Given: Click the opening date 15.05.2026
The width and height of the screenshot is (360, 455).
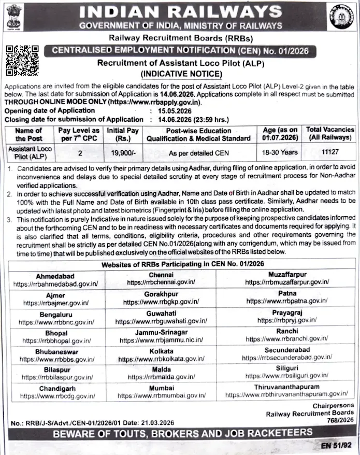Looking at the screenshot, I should [173, 111].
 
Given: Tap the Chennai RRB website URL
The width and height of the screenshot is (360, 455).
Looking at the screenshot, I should [164, 282].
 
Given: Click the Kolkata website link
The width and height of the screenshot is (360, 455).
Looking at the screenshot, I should [164, 359].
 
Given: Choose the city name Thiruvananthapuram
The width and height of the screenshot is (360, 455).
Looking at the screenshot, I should [286, 387].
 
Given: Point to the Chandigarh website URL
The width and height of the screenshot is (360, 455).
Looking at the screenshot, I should [57, 396].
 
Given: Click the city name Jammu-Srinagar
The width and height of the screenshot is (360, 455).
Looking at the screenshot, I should [164, 332].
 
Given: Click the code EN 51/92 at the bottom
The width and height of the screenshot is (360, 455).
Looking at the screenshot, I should [339, 445].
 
